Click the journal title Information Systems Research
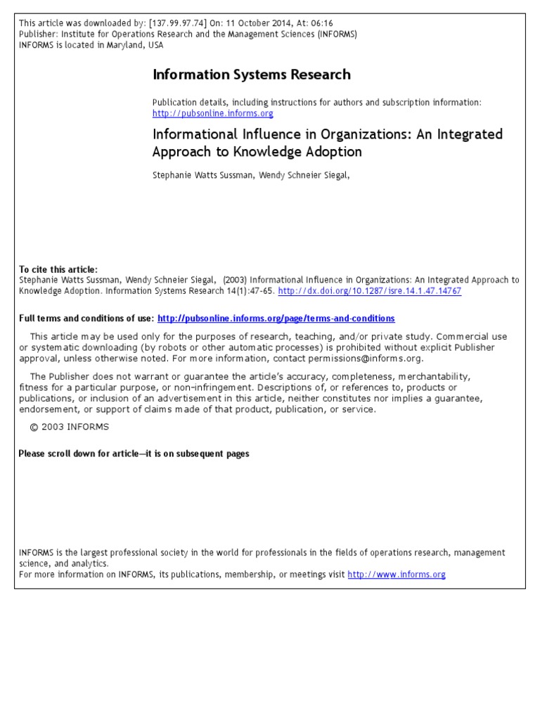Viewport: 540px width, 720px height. point(251,75)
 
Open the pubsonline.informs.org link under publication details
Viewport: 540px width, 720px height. point(212,113)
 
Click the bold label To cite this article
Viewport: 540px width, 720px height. point(58,269)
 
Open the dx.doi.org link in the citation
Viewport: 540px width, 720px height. point(370,290)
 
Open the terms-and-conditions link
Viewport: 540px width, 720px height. point(276,319)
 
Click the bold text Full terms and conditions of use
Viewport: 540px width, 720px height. point(86,319)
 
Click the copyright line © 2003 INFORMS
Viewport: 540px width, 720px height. point(69,427)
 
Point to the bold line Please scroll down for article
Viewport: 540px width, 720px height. point(134,454)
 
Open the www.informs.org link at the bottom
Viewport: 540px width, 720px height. point(397,574)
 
